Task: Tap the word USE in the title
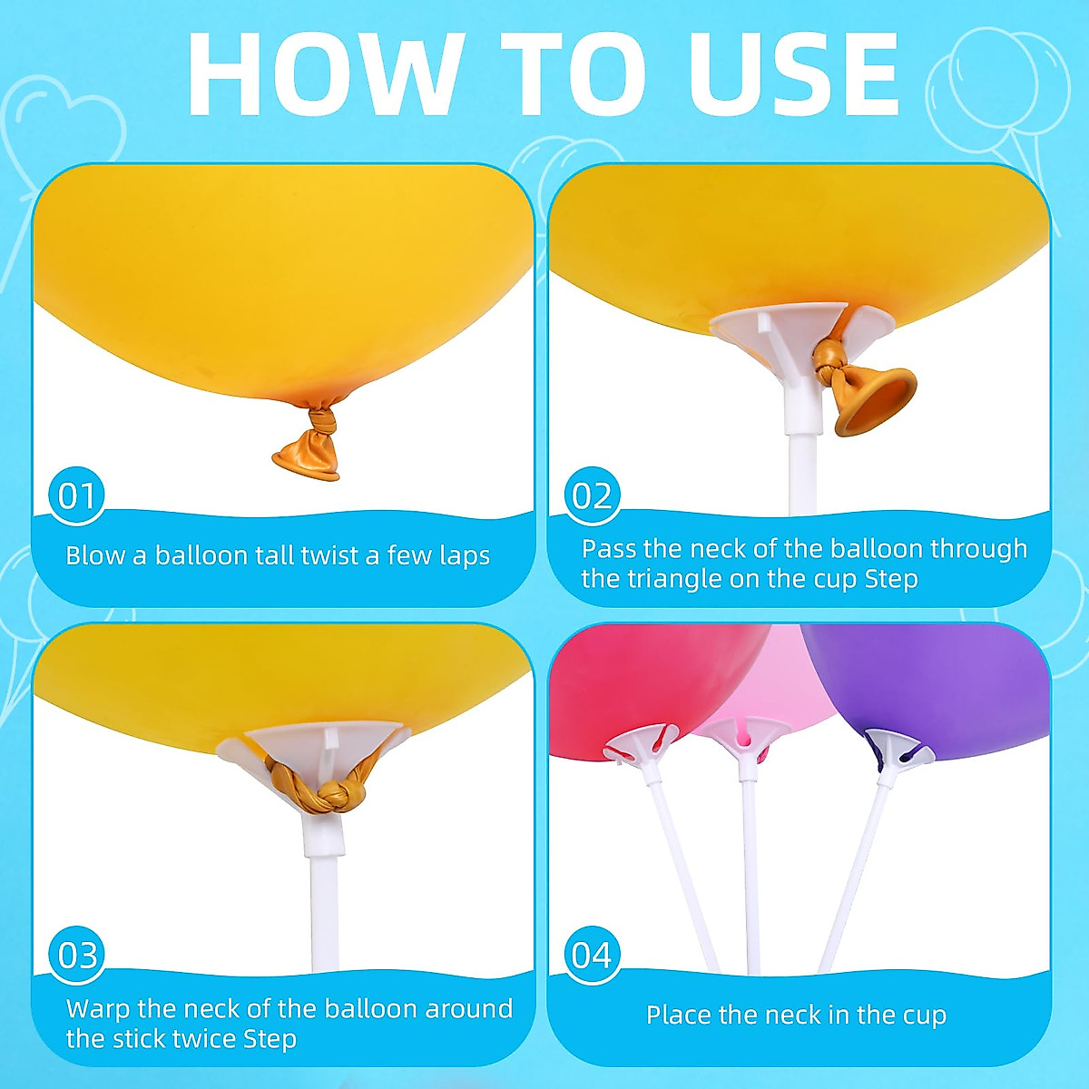pyautogui.click(x=792, y=74)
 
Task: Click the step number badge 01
pyautogui.click(x=77, y=495)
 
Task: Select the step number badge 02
pyautogui.click(x=593, y=495)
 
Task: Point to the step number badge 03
pyautogui.click(x=77, y=955)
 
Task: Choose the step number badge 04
pyautogui.click(x=593, y=955)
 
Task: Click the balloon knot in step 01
pyautogui.click(x=321, y=422)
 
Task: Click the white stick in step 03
pyautogui.click(x=324, y=907)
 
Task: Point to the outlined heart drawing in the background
pyautogui.click(x=64, y=127)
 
